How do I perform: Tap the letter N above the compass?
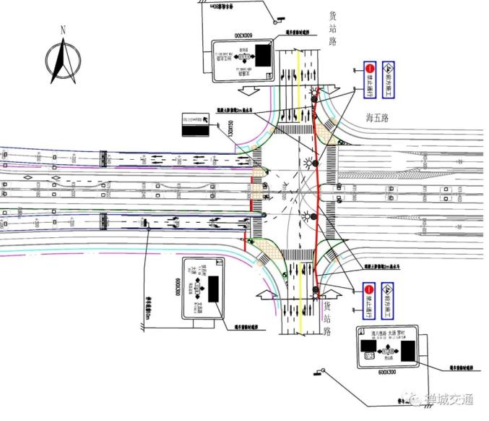(64, 30)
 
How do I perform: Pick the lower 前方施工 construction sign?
(387, 301)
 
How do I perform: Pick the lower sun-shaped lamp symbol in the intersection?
(313, 216)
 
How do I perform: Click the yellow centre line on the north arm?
(298, 80)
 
